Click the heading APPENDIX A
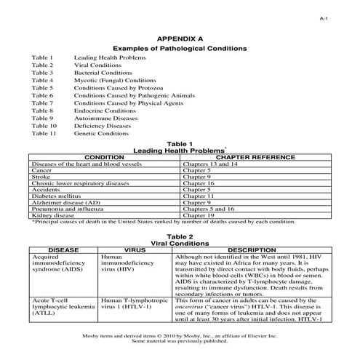pyautogui.click(x=180, y=36)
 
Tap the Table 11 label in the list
pyautogui.click(x=44, y=134)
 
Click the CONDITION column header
pyautogui.click(x=105, y=156)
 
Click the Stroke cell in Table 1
pyautogui.click(x=41, y=176)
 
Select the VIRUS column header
pyautogui.click(x=135, y=249)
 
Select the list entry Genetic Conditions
pyautogui.click(x=102, y=134)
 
